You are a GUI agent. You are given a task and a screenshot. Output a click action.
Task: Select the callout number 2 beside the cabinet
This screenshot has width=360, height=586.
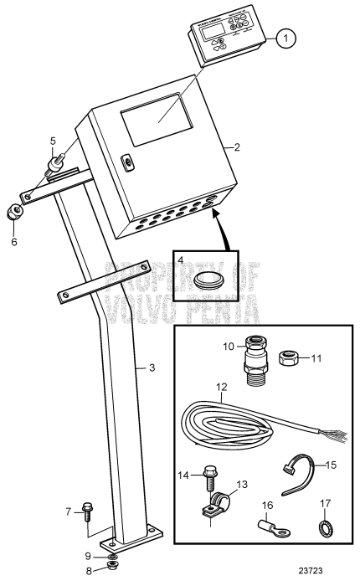coord(237,147)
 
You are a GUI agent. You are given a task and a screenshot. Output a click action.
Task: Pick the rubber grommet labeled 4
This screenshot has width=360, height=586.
coord(207,279)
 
